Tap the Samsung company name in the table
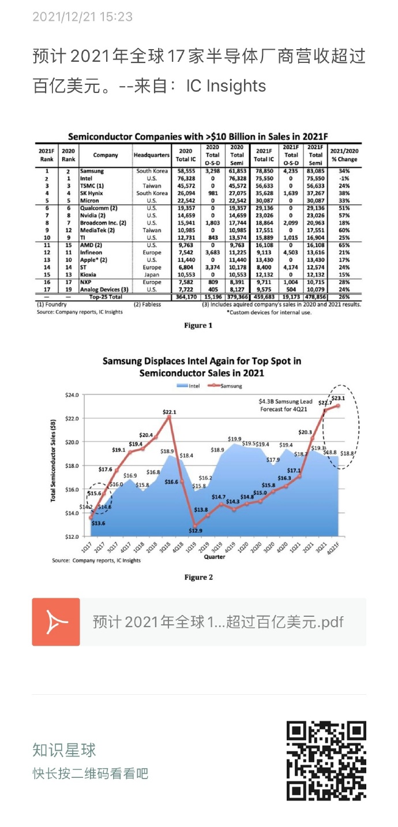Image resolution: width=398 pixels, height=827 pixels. coord(92,171)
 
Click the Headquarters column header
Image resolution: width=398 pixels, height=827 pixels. coord(152,155)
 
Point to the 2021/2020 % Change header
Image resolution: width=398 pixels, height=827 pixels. coord(344,155)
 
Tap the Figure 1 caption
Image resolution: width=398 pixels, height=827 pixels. coord(198,325)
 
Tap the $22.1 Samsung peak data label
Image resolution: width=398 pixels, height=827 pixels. coord(169,411)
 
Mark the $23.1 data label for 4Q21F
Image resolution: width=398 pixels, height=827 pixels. coord(339,398)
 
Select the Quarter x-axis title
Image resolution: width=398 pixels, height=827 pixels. coord(215,557)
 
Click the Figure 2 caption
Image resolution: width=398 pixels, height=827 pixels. coord(198,577)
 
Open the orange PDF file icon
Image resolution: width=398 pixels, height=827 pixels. coord(55,621)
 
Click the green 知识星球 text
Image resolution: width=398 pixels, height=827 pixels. coord(64,750)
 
